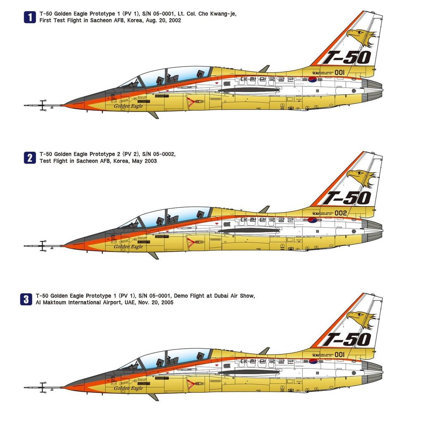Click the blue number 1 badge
pos(30,17)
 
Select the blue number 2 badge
pos(30,157)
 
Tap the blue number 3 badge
pos(26,299)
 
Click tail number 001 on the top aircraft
pos(340,72)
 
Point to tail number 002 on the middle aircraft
pos(340,213)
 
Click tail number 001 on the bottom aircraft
pos(340,354)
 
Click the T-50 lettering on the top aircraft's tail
pos(347,57)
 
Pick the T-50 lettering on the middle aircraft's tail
pos(347,198)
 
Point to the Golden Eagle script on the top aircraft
pos(128,106)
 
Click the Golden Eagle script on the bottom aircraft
pos(128,388)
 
